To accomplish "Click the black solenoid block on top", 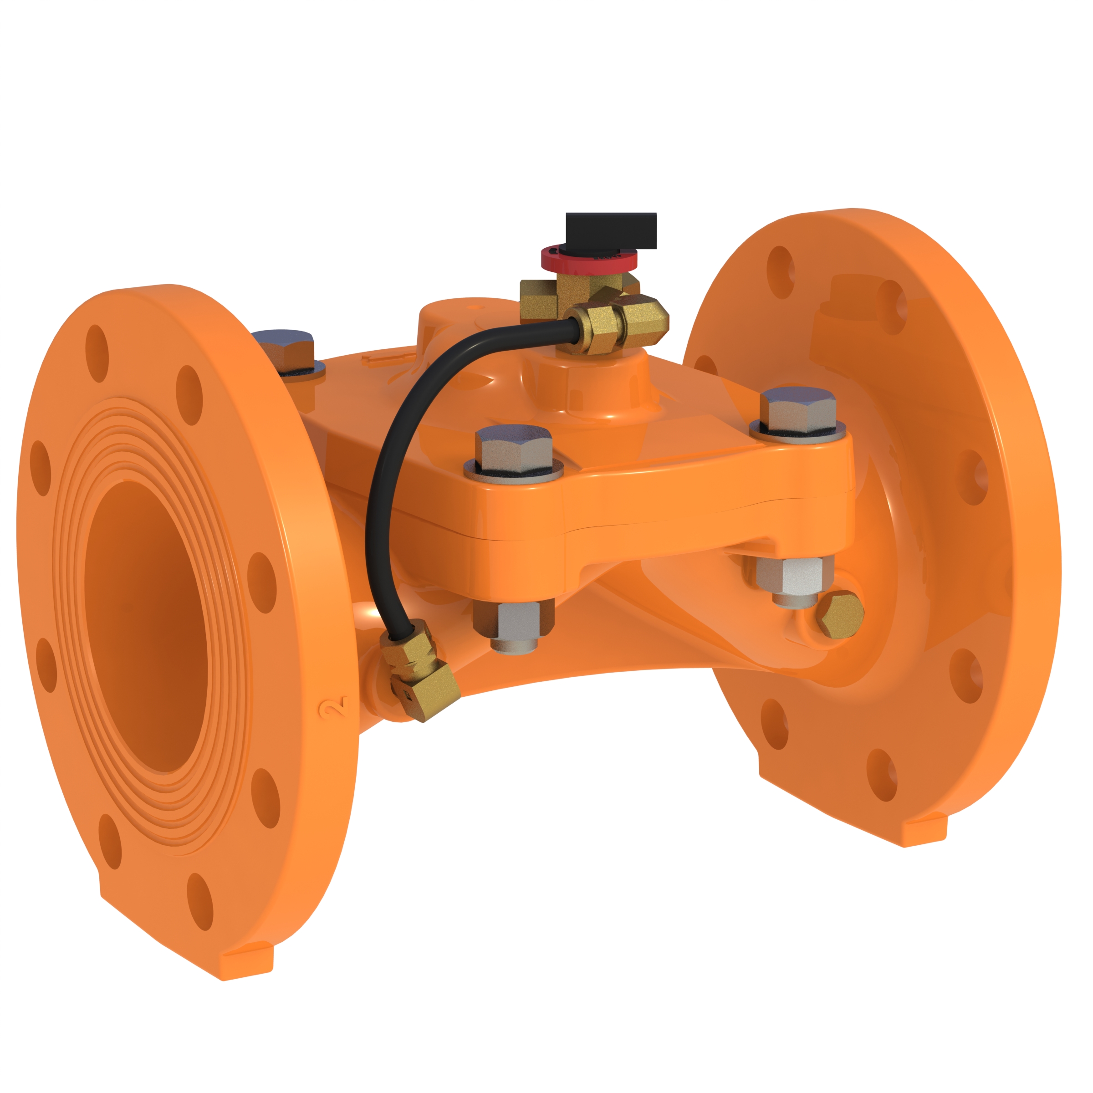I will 611,231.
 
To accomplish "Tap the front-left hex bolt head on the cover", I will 513,450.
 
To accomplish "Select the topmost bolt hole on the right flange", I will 780,271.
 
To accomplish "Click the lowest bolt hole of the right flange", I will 882,775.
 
